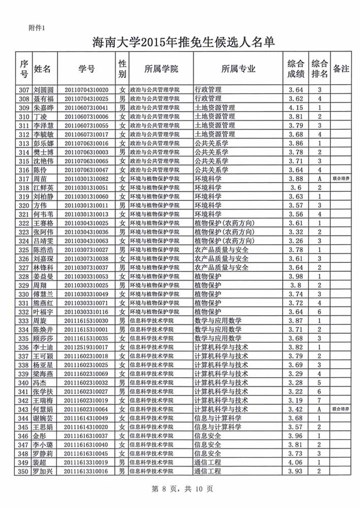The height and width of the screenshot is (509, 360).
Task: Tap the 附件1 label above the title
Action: tap(36, 27)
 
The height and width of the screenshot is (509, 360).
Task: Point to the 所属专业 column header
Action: tap(238, 69)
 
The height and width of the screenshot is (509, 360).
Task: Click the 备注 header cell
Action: tap(340, 69)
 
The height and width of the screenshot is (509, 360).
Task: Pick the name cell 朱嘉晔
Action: tap(43, 108)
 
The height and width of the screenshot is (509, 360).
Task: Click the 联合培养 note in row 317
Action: tap(340, 179)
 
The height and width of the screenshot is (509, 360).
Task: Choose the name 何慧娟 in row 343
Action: tap(43, 410)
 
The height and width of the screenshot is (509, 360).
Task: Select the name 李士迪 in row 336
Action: tap(43, 347)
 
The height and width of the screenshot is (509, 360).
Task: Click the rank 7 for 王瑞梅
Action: tap(319, 401)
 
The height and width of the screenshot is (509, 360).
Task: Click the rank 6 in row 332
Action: tap(319, 312)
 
